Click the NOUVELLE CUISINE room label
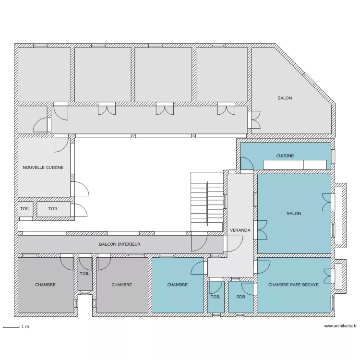(43, 168)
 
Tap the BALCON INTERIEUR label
(120, 244)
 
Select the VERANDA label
(240, 230)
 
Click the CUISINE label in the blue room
(285, 156)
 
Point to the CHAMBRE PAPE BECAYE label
(293, 285)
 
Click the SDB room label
(240, 297)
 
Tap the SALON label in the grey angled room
(285, 98)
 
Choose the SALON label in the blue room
(294, 214)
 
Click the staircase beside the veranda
(207, 202)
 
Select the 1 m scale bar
(11, 327)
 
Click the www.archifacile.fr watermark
(340, 326)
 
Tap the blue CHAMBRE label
(178, 285)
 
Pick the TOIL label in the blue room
(216, 297)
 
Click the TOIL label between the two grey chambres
(84, 274)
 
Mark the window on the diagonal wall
(309, 79)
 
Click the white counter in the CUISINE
(295, 165)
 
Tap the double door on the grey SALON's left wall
(254, 120)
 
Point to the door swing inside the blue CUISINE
(247, 164)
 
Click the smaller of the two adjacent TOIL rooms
(25, 209)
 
